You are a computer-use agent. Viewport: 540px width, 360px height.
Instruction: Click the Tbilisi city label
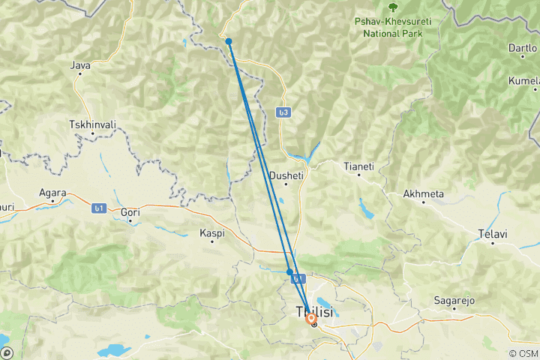314,311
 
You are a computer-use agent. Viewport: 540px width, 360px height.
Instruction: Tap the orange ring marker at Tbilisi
311,319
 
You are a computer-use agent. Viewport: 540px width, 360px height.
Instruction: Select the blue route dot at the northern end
229,41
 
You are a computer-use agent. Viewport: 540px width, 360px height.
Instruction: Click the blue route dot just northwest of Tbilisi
289,271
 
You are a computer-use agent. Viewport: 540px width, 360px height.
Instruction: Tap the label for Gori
130,212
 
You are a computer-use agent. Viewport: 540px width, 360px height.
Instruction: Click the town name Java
80,65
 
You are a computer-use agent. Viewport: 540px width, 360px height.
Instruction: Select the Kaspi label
212,233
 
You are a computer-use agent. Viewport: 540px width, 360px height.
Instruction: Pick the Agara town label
53,192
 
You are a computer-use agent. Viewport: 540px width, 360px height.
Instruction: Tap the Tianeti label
358,165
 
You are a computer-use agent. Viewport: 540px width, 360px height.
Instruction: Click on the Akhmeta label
424,193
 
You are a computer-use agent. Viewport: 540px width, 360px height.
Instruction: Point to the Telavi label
493,234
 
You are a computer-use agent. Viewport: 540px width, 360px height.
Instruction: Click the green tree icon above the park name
392,7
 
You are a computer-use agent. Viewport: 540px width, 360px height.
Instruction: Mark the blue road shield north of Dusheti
283,112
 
